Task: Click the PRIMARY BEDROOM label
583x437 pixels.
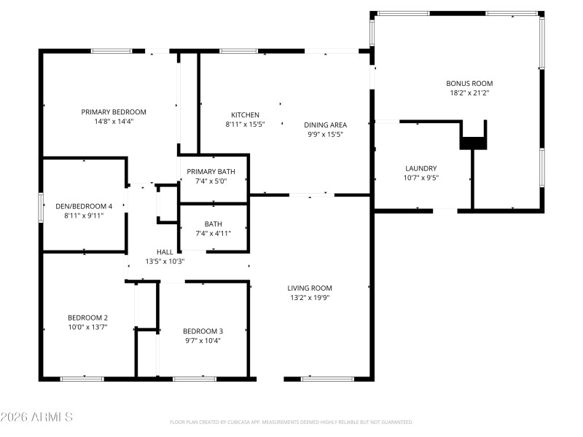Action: (114, 111)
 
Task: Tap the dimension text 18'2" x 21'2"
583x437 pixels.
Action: (469, 92)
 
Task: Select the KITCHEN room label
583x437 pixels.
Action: (245, 115)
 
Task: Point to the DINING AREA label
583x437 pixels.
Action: (325, 125)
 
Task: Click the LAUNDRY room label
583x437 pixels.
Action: (420, 168)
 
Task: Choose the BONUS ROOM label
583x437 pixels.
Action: (469, 83)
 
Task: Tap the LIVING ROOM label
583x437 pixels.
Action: (310, 288)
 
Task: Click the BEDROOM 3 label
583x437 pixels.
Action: (203, 331)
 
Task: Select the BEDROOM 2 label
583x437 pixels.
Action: (87, 317)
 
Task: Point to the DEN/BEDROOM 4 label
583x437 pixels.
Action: (85, 205)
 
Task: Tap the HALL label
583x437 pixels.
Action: (165, 251)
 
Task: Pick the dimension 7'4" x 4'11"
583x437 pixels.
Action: (214, 233)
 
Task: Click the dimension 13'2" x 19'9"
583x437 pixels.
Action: (310, 297)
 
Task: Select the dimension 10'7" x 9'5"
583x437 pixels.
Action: (420, 178)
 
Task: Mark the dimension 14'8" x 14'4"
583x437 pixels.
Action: (114, 122)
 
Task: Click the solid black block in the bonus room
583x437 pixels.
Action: (473, 141)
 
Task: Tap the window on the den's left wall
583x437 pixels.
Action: (41, 205)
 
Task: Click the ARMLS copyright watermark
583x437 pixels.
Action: (36, 417)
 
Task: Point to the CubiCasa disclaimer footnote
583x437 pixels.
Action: (291, 422)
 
